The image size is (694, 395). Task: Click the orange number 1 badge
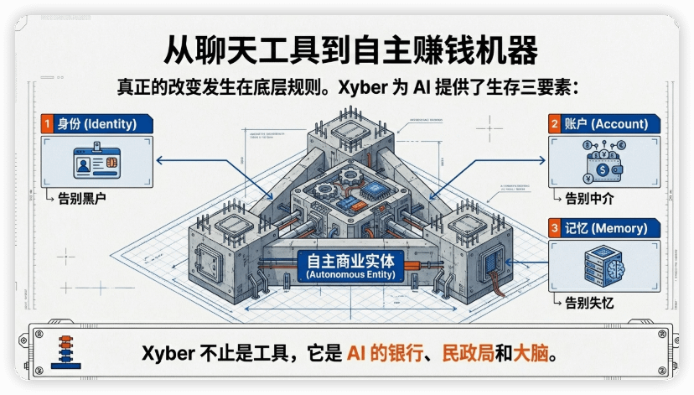click(48, 124)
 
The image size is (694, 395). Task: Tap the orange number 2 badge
click(555, 124)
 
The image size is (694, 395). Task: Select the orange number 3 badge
click(555, 228)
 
